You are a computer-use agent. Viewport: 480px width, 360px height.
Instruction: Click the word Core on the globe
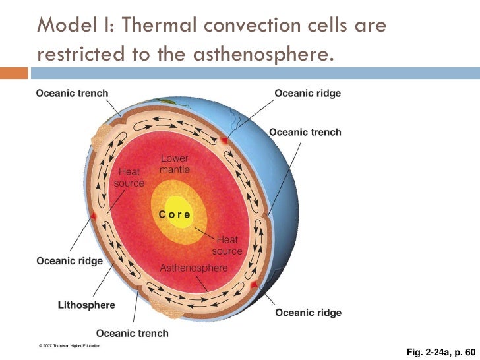[175, 214]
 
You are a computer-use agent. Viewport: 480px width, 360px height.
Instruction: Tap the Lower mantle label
[175, 164]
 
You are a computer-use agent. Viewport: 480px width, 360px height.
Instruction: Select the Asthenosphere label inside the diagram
[194, 268]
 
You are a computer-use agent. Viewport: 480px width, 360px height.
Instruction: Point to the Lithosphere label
[86, 305]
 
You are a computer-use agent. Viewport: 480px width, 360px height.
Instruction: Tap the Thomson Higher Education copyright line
[69, 345]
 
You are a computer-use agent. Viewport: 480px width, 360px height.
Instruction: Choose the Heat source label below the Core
[227, 246]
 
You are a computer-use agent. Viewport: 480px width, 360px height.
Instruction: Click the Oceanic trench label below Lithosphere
[133, 333]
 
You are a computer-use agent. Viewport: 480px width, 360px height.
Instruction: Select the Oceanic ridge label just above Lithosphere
[69, 261]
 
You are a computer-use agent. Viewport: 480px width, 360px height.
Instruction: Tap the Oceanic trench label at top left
[71, 94]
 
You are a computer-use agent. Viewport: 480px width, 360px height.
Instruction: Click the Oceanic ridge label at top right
[308, 94]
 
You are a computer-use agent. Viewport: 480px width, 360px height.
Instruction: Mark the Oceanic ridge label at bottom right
[308, 312]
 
